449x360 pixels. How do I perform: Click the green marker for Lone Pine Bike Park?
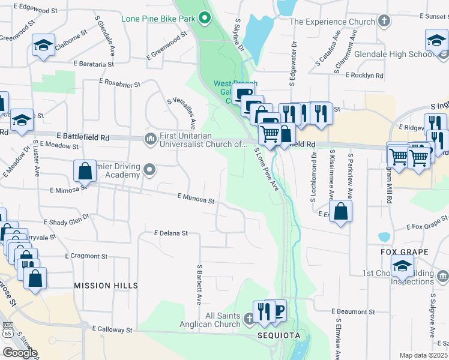(205, 18)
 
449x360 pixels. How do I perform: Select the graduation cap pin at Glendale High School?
(436, 42)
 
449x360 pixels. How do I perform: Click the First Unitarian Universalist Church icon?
(149, 139)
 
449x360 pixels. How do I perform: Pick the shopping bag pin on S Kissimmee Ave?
(340, 212)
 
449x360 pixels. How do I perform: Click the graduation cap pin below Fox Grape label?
(402, 265)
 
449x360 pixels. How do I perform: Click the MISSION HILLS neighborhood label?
(106, 286)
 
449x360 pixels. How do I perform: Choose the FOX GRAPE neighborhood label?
(405, 251)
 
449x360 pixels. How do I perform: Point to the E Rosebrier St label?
(119, 85)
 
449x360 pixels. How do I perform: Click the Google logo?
(20, 353)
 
